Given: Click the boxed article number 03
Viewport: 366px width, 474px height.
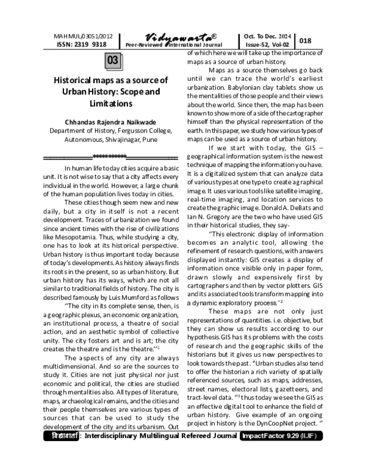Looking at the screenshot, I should [x=113, y=61].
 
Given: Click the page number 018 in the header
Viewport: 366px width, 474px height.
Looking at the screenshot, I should [x=306, y=40].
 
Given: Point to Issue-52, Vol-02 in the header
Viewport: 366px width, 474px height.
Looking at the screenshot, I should [x=267, y=45].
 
